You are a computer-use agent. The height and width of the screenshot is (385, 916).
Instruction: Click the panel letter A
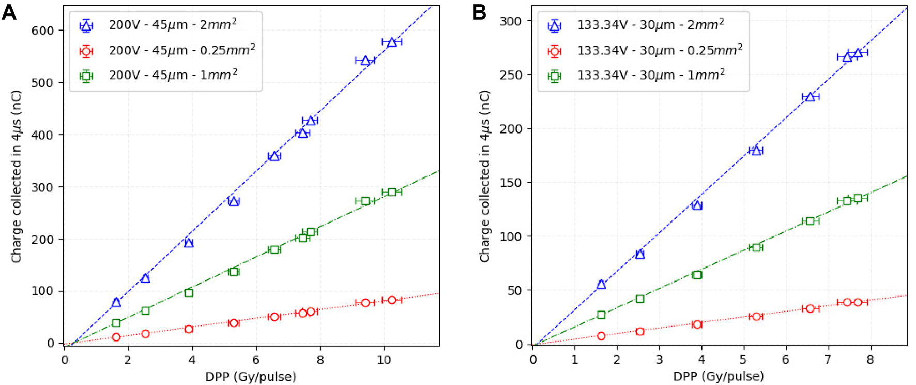click(9, 12)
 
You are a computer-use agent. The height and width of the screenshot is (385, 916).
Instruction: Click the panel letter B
click(479, 12)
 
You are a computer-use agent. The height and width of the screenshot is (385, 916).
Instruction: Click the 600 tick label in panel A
click(43, 31)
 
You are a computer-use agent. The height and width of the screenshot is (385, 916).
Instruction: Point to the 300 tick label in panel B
click(510, 21)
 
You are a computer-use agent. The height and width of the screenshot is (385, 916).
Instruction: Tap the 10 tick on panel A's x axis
click(384, 360)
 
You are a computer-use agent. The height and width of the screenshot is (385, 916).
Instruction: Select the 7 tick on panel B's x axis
click(828, 360)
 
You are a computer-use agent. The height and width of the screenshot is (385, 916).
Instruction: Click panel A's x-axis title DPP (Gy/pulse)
click(251, 376)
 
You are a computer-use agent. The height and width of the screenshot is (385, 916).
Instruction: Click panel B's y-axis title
click(484, 176)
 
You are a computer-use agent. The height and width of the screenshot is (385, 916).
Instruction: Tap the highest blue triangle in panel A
click(392, 42)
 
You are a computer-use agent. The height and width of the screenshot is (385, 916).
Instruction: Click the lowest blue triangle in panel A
click(116, 302)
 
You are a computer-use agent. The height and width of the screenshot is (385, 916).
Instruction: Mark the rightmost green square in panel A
click(392, 192)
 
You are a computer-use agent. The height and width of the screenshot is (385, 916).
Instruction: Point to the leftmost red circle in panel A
click(116, 337)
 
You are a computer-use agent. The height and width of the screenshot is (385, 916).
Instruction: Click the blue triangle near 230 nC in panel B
click(810, 97)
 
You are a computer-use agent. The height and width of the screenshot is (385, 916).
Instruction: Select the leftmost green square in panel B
click(601, 315)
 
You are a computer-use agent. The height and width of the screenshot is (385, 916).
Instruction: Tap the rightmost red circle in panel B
click(858, 302)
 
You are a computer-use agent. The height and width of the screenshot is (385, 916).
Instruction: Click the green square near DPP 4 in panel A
click(189, 293)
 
